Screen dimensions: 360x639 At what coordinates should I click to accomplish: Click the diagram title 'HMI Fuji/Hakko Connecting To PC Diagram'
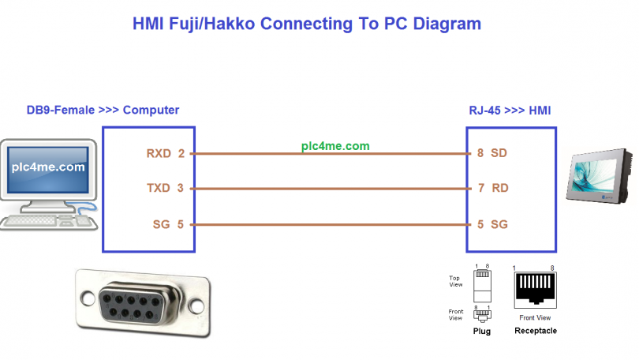tap(305, 24)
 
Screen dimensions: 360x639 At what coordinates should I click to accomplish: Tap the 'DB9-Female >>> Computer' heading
tap(103, 110)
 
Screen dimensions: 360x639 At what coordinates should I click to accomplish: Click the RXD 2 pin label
tap(165, 153)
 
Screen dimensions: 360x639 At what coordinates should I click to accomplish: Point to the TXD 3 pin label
tap(165, 189)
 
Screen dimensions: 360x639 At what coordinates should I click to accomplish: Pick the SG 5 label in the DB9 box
tap(168, 225)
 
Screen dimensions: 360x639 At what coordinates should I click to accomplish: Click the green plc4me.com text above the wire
tap(335, 146)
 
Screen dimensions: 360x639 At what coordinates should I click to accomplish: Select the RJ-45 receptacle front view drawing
tap(535, 291)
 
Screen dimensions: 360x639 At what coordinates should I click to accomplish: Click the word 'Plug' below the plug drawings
tap(481, 332)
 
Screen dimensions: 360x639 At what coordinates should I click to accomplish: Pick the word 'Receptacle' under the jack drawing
tap(535, 331)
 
